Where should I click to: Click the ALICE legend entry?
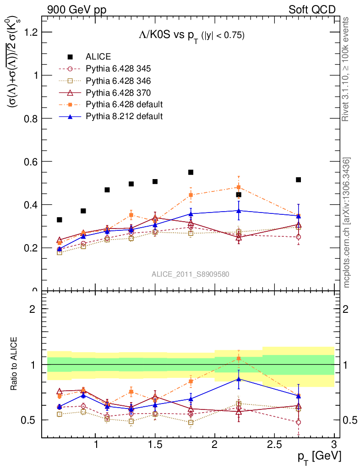(98, 57)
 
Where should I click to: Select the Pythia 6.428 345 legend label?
(118, 69)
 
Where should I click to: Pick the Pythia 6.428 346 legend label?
(118, 81)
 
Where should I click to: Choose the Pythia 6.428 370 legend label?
(118, 93)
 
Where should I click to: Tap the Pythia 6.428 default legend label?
(124, 104)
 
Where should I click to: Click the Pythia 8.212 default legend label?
(124, 116)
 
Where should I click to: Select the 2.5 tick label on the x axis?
(274, 445)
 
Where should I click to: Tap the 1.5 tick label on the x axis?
(155, 445)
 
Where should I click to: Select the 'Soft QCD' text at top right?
(312, 10)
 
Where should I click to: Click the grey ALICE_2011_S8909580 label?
(191, 274)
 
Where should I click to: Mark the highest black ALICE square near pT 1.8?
(191, 172)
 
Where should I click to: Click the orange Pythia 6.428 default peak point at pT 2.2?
(239, 187)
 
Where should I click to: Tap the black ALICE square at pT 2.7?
(298, 180)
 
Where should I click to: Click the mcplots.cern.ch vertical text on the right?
(347, 222)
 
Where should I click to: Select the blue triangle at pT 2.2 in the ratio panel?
(239, 379)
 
